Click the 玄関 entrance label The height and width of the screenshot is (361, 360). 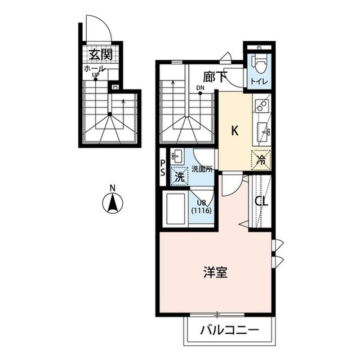(101, 54)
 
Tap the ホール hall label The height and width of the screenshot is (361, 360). (95, 69)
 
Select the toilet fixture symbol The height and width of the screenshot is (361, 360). (259, 63)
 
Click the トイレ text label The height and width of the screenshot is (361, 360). (259, 81)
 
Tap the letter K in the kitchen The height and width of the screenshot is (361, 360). (234, 131)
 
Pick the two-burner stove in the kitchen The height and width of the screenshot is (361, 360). (263, 105)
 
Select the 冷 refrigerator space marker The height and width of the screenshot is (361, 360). (261, 160)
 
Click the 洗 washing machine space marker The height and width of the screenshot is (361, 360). (180, 176)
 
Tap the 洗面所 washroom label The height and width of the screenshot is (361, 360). (202, 169)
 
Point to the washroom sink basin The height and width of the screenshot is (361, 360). (176, 156)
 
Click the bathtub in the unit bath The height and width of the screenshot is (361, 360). (176, 209)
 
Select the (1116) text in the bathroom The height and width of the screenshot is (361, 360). (201, 210)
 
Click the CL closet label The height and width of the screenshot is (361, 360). (261, 202)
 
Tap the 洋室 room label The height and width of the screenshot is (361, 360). (215, 272)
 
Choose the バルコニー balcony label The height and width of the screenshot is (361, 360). (230, 331)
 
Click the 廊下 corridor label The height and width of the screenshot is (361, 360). (215, 77)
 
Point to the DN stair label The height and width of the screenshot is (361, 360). (200, 88)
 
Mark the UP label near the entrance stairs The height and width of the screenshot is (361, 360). (95, 74)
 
